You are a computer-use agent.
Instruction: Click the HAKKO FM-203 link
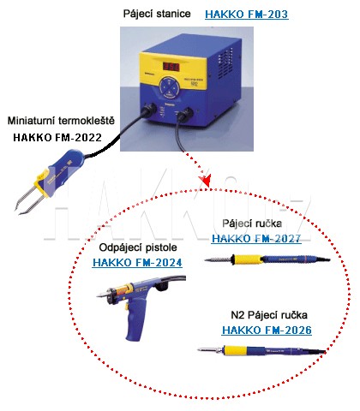tap(247, 14)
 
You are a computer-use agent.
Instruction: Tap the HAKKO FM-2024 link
tap(137, 262)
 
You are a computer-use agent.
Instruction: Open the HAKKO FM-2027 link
tap(256, 238)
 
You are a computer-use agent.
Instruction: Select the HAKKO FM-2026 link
tap(267, 330)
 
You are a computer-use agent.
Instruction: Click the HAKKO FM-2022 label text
tap(57, 138)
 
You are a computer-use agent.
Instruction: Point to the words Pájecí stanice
tap(157, 14)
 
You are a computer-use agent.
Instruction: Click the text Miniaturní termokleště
tap(61, 121)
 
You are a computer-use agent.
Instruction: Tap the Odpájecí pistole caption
tap(138, 247)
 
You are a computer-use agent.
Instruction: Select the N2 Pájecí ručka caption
tap(269, 315)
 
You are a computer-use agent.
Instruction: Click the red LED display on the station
tap(171, 67)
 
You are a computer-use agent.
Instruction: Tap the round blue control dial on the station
tap(170, 86)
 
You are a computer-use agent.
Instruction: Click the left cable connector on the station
tap(149, 110)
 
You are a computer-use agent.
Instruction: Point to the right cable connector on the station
tap(185, 115)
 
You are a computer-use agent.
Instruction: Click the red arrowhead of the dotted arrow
tap(206, 181)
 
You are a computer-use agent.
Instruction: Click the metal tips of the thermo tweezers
tap(28, 200)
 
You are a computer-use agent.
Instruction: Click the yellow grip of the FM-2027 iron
tap(247, 259)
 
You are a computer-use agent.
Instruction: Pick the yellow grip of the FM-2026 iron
tap(236, 350)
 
